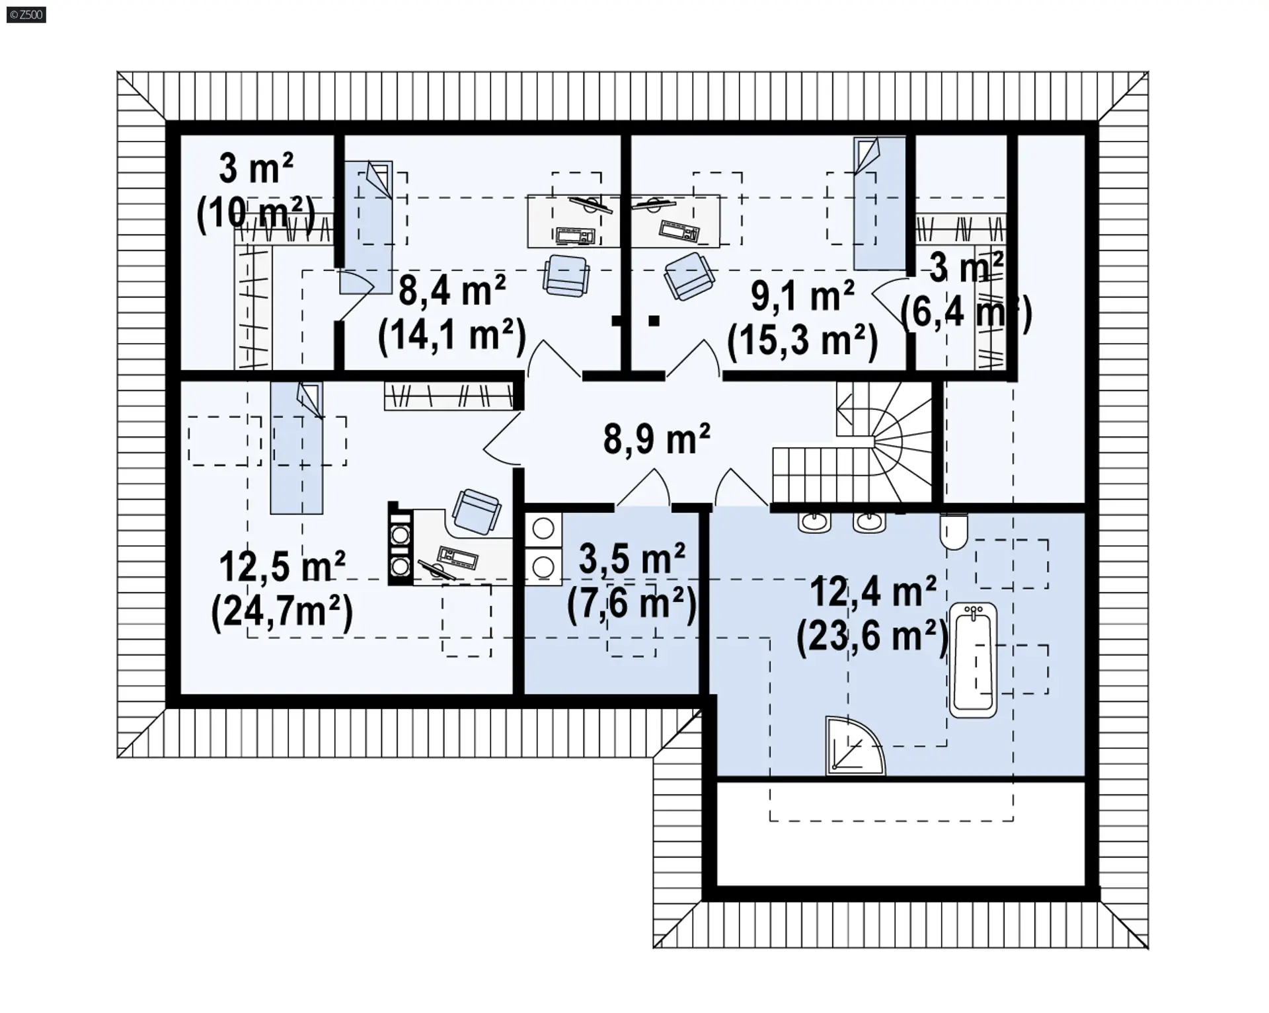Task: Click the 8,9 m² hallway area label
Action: pyautogui.click(x=656, y=439)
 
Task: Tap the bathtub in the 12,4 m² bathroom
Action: pyautogui.click(x=973, y=659)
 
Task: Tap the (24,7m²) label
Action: pyautogui.click(x=282, y=613)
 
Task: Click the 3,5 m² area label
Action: pyautogui.click(x=632, y=559)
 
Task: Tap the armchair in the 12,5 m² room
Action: pyautogui.click(x=476, y=511)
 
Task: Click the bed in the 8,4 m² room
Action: pyautogui.click(x=366, y=227)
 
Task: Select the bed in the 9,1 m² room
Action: pyautogui.click(x=879, y=204)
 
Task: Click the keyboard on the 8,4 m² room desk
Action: pyautogui.click(x=575, y=235)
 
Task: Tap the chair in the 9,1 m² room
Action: pyautogui.click(x=689, y=276)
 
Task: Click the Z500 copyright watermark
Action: pyautogui.click(x=26, y=14)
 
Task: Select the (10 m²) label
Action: pyautogui.click(x=256, y=213)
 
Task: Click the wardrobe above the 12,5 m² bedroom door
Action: pyautogui.click(x=449, y=396)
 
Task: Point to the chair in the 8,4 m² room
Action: pyautogui.click(x=566, y=276)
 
